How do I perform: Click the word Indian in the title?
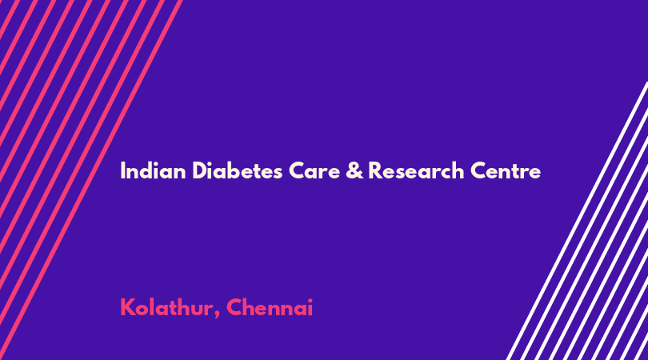coord(153,170)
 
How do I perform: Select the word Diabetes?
coord(238,170)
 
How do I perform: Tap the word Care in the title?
coord(308,171)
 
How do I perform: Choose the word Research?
coord(416,170)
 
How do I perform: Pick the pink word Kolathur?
coord(166,307)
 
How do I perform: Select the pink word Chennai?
coord(270,307)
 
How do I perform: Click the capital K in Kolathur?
coord(127,307)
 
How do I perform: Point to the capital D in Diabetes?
coord(200,170)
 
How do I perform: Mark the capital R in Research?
coord(375,170)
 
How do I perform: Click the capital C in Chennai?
coord(234,307)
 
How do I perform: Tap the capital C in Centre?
coord(478,171)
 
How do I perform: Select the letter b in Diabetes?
coord(231,170)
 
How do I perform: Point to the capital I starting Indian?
coord(122,170)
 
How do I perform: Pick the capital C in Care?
coord(297,171)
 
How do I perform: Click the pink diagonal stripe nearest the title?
coord(91,180)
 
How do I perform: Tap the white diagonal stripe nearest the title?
coord(577,221)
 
